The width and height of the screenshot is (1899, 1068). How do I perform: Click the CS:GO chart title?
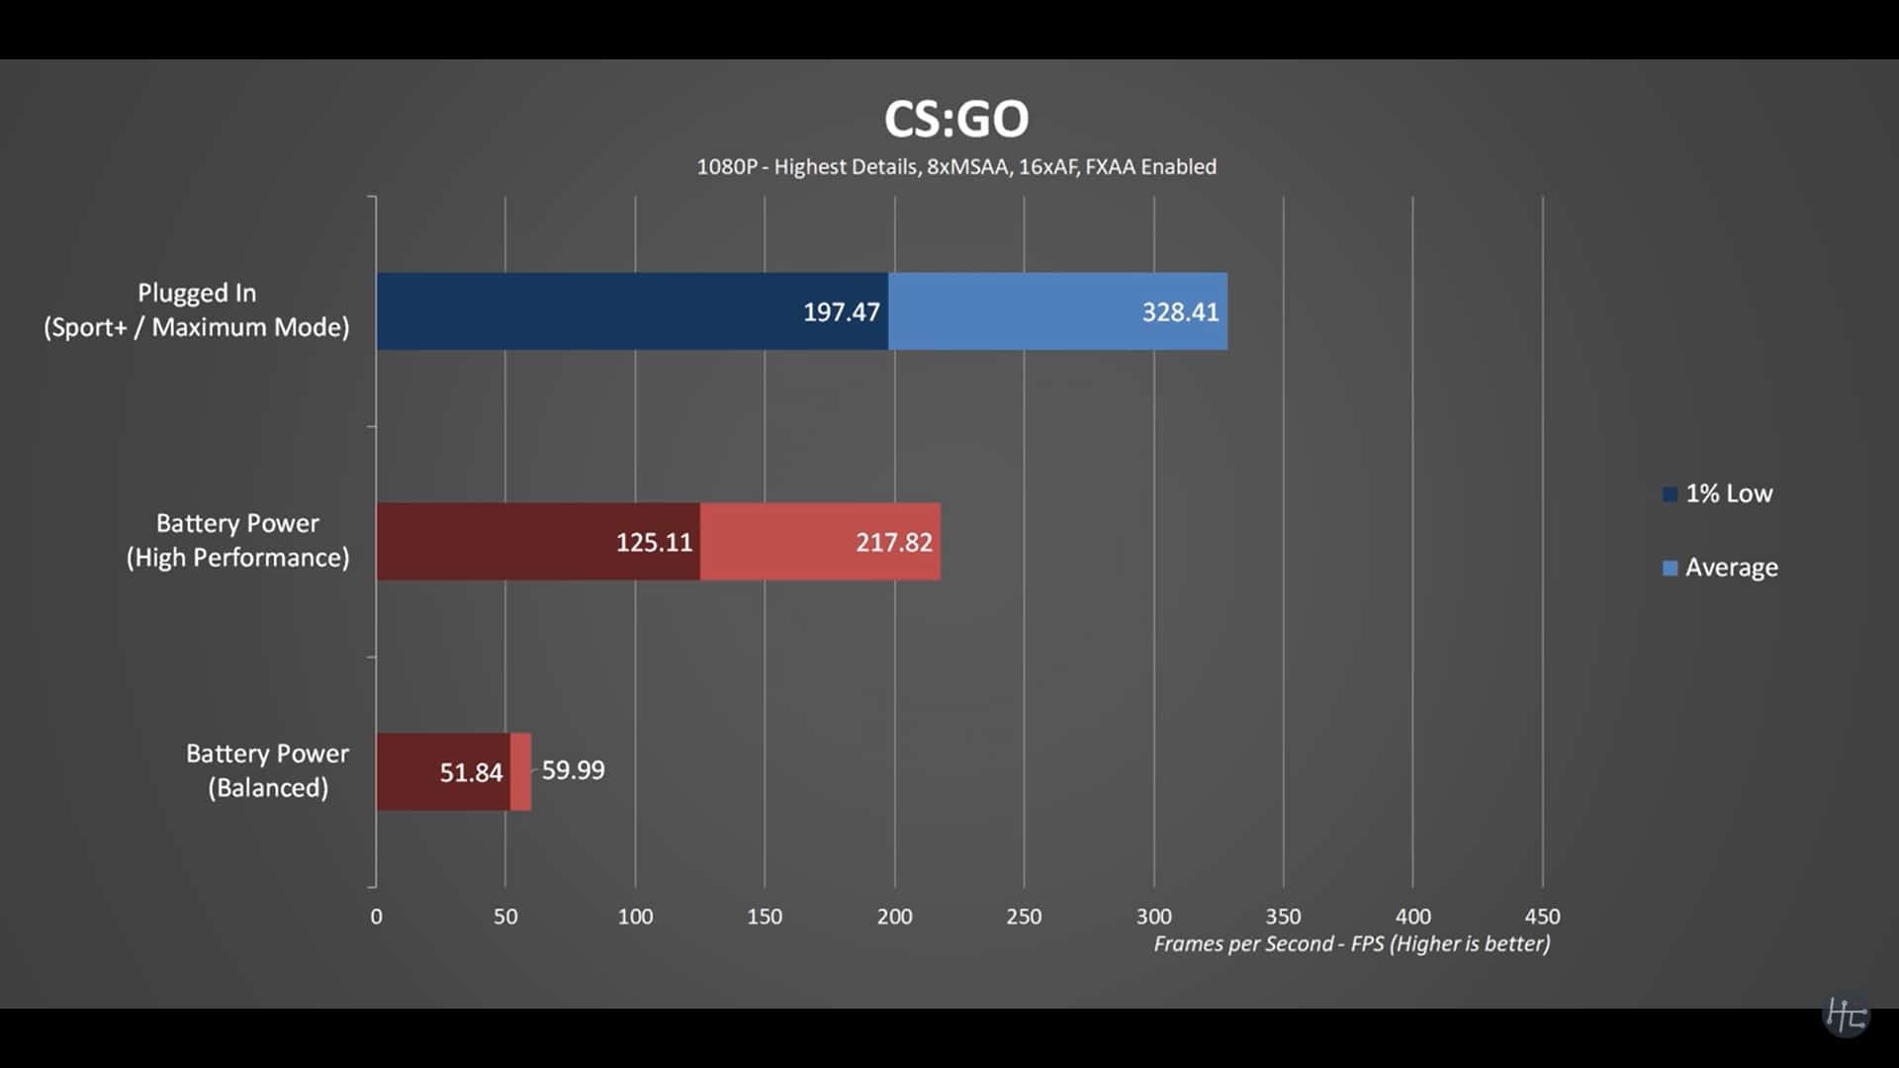[x=955, y=119]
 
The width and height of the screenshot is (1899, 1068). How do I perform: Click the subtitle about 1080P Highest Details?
[x=955, y=166]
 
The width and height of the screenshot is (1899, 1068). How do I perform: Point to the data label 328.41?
[x=1180, y=312]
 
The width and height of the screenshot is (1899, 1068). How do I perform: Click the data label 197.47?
[x=841, y=312]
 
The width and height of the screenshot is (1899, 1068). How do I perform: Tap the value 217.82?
[x=893, y=542]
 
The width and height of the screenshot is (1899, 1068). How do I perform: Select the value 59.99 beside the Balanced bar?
[x=573, y=770]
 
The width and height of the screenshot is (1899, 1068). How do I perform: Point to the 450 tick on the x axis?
[x=1542, y=917]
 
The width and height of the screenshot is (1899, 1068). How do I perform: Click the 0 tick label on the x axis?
[x=376, y=917]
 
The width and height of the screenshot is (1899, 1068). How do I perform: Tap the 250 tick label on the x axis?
[x=1024, y=917]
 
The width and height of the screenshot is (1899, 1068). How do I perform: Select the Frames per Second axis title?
[x=1351, y=943]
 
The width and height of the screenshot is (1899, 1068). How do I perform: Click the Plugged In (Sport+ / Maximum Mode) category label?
[x=197, y=310]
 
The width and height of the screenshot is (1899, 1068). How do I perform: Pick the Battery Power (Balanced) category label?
[x=267, y=770]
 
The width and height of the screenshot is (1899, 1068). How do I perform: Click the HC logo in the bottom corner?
[x=1845, y=1014]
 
